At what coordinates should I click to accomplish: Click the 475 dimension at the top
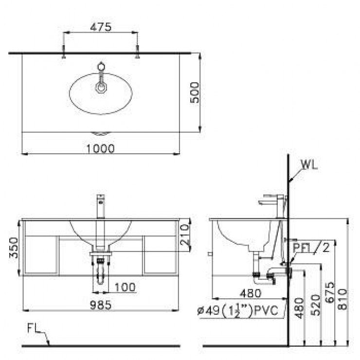[101, 27]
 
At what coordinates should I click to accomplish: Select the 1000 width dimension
[102, 148]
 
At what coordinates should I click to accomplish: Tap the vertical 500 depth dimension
[195, 92]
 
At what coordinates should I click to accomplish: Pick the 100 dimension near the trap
[125, 288]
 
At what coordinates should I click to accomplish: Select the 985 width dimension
[101, 305]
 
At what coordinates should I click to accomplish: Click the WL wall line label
[308, 164]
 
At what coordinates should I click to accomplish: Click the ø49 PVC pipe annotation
[238, 311]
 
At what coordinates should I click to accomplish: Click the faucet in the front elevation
[101, 207]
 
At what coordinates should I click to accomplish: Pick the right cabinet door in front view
[161, 254]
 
